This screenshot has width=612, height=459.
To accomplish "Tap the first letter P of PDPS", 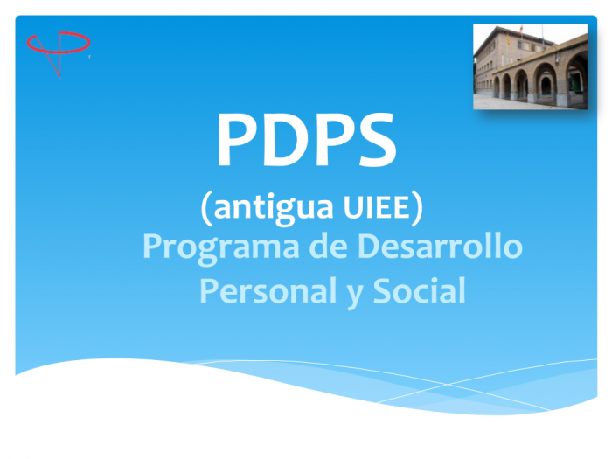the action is [x=237, y=139].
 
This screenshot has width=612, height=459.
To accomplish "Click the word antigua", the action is [x=273, y=208].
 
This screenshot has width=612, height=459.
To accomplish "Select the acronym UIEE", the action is [x=377, y=207].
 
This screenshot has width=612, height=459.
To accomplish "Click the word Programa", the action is [x=221, y=247].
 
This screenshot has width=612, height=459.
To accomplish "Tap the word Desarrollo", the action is [x=440, y=246].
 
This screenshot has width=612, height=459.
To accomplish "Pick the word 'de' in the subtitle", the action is [x=328, y=246].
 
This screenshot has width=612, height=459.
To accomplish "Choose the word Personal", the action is [x=268, y=290].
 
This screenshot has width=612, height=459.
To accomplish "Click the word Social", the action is [x=419, y=290].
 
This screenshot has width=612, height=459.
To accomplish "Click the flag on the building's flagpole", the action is [x=520, y=30].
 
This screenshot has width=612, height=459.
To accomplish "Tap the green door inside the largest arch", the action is [x=571, y=83].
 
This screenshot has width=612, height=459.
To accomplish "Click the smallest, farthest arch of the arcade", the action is [x=497, y=87].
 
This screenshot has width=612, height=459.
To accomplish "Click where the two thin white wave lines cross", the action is [x=448, y=385].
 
